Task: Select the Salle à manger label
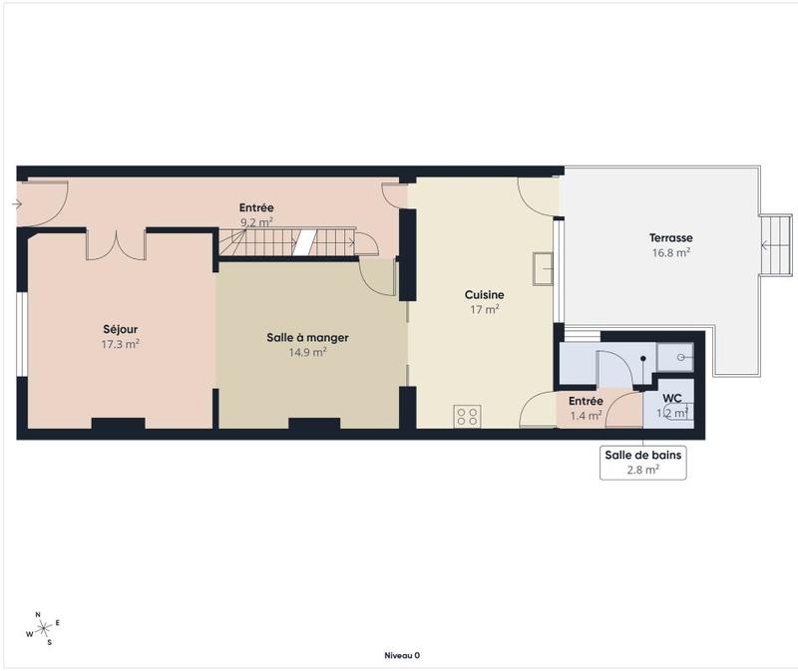click(x=307, y=337)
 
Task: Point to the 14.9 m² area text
click(x=307, y=352)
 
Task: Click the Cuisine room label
click(x=484, y=295)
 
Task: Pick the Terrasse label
click(x=670, y=238)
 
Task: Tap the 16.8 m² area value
click(x=670, y=253)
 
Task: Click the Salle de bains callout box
click(x=643, y=462)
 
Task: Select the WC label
click(x=672, y=399)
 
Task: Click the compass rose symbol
click(x=43, y=628)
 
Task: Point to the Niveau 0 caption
click(x=402, y=655)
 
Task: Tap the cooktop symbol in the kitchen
click(x=466, y=416)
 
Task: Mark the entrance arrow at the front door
click(x=17, y=204)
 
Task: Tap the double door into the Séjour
click(x=116, y=244)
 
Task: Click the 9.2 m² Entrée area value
click(x=256, y=223)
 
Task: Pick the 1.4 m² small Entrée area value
click(x=586, y=415)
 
